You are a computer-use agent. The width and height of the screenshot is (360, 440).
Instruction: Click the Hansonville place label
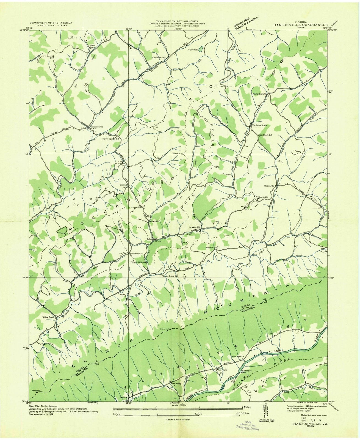point(269,186)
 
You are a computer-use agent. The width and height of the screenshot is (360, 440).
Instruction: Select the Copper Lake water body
point(201,49)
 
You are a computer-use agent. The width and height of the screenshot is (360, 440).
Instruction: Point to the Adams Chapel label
point(92,46)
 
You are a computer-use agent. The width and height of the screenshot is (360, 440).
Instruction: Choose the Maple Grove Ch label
point(260,94)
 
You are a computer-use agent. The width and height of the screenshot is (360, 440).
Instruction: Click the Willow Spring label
point(48,317)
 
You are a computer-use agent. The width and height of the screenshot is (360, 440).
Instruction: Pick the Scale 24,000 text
point(178,405)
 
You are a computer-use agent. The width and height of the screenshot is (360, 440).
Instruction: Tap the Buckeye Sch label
point(211,248)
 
